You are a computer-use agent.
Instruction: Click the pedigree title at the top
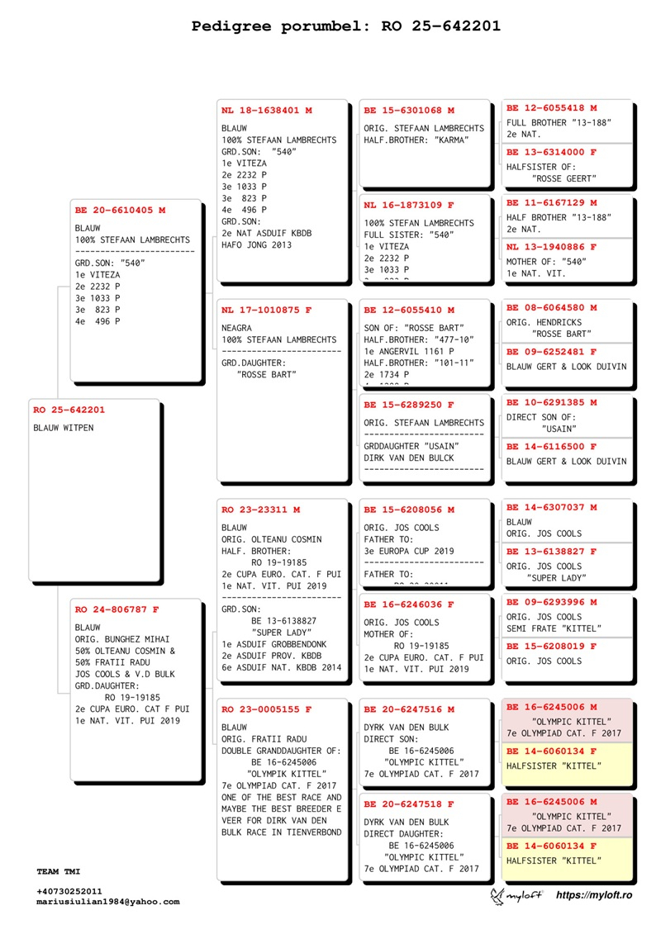tap(345, 26)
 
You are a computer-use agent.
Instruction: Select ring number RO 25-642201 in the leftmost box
tap(69, 410)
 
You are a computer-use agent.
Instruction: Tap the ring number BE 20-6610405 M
tap(120, 211)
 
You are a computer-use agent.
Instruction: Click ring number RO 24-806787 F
tap(117, 609)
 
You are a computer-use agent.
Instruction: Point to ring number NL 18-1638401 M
tap(267, 110)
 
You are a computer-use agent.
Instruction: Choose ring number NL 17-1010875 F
tap(267, 310)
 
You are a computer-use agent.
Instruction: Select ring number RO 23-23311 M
tap(260, 510)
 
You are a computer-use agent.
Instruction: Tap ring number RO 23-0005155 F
tap(267, 709)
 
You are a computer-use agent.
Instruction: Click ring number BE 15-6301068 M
tap(409, 110)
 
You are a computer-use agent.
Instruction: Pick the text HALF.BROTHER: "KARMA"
tap(416, 140)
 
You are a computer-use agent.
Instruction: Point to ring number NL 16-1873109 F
tap(409, 205)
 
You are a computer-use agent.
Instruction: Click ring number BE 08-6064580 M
tap(551, 307)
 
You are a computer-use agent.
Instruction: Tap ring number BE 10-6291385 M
tap(551, 402)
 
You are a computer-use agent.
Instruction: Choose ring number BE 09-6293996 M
tap(551, 602)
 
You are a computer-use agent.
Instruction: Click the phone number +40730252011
tap(69, 891)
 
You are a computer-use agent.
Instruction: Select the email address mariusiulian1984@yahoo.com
tap(107, 902)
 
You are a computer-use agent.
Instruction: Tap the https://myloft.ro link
tap(594, 896)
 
